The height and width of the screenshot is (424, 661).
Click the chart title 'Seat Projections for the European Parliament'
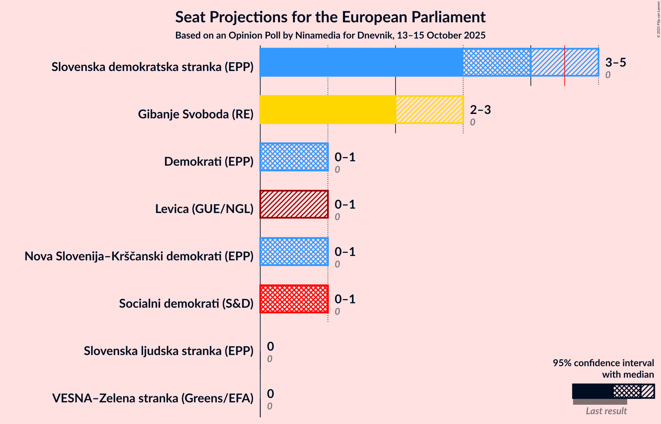330,17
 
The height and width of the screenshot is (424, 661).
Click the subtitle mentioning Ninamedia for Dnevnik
330,35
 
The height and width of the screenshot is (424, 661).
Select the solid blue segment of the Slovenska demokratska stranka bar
361,62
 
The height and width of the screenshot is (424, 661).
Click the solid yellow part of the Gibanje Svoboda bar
327,110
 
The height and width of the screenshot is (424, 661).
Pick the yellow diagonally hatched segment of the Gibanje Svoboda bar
429,110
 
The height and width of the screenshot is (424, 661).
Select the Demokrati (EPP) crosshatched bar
294,157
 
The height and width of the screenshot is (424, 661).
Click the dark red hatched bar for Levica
294,204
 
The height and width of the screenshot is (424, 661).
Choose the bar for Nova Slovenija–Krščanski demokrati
294,252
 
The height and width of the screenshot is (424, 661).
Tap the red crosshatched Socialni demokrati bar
294,299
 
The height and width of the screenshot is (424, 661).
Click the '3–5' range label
615,62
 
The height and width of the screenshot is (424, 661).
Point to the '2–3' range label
480,110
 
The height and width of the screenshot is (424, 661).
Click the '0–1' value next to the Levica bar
345,204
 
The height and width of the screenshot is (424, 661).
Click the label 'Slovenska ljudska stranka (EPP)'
168,351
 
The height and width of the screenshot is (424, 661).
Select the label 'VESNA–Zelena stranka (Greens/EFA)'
153,398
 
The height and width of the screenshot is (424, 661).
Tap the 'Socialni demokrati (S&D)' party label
186,303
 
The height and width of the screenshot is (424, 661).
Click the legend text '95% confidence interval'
603,363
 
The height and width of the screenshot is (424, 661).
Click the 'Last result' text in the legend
606,411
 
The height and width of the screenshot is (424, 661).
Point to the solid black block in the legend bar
592,391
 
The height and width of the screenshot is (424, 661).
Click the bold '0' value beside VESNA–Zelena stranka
270,394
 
